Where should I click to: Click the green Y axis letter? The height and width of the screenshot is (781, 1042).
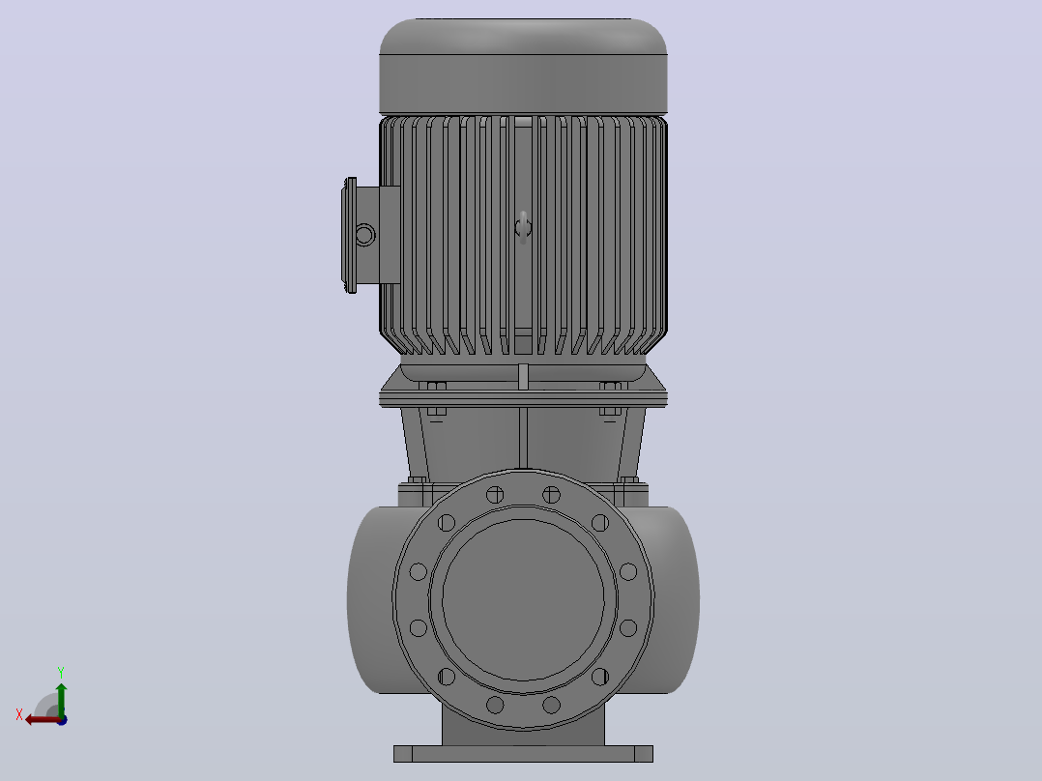tap(61, 673)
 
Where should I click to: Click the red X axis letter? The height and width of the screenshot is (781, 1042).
tap(19, 714)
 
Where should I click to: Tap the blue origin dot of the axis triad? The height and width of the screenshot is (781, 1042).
tap(62, 720)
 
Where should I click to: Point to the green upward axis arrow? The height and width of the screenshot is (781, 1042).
tap(61, 699)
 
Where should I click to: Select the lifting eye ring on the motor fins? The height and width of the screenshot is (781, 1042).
tap(523, 228)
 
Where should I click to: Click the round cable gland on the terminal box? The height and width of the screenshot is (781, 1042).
tap(364, 235)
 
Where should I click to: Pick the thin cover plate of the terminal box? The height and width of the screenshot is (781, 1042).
tap(349, 235)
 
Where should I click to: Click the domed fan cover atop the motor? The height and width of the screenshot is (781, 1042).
tap(523, 65)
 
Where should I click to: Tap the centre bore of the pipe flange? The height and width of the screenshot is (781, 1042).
tap(523, 599)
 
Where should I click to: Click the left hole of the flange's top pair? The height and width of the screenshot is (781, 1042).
tap(495, 495)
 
